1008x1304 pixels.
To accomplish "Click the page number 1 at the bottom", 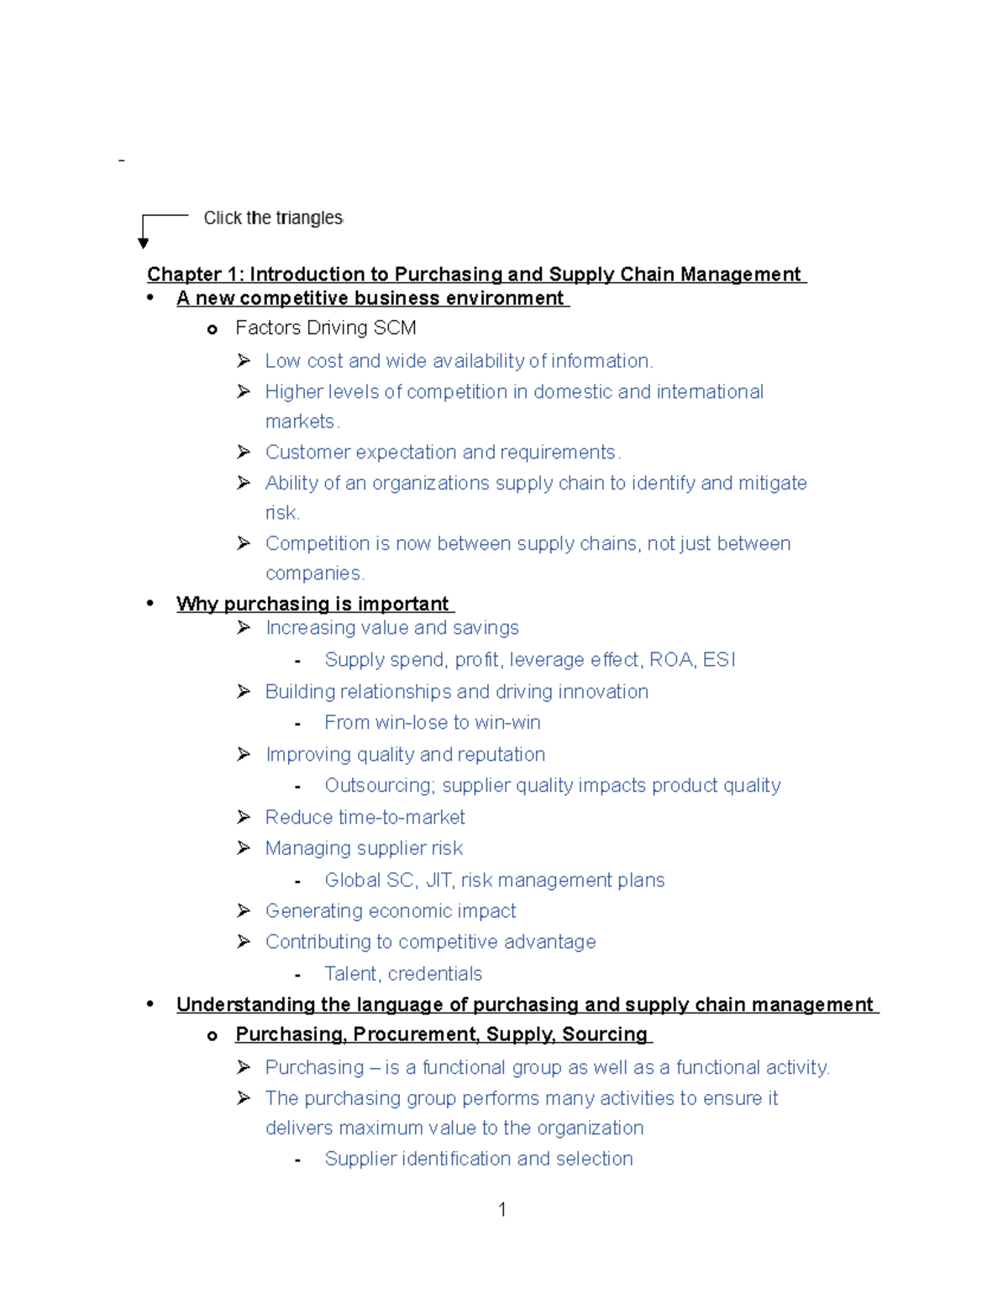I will pyautogui.click(x=501, y=1209).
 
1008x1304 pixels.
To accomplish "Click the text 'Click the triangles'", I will pyautogui.click(x=273, y=218).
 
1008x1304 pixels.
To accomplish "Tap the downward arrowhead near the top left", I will pyautogui.click(x=143, y=243).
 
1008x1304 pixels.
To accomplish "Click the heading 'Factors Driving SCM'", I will pyautogui.click(x=326, y=328).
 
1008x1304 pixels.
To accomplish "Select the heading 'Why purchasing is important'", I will pyautogui.click(x=313, y=604).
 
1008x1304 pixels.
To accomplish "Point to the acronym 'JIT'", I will pyautogui.click(x=439, y=880).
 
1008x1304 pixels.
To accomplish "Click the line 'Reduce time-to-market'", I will pyautogui.click(x=365, y=817).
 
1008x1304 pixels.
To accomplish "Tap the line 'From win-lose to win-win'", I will pyautogui.click(x=432, y=722).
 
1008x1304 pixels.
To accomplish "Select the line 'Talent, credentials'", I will pyautogui.click(x=403, y=973).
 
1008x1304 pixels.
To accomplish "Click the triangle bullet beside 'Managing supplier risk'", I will pyautogui.click(x=244, y=848).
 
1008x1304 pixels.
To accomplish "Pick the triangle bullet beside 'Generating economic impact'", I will pyautogui.click(x=244, y=911).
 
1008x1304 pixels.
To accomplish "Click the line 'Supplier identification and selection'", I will pyautogui.click(x=478, y=1159).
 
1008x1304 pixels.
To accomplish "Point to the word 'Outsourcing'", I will pyautogui.click(x=378, y=785).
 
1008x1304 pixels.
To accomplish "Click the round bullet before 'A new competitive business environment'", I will pyautogui.click(x=150, y=298).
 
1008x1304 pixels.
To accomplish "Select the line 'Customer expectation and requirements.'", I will pyautogui.click(x=443, y=452).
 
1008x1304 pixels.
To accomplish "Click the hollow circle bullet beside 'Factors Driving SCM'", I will pyautogui.click(x=212, y=329).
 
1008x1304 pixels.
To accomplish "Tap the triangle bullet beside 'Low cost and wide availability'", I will pyautogui.click(x=244, y=361).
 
